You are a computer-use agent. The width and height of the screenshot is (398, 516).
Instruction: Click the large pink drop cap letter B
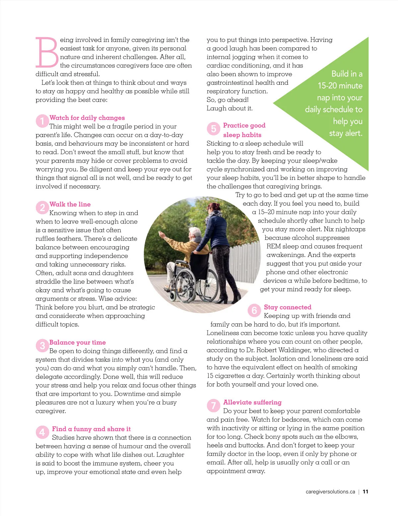coord(47,52)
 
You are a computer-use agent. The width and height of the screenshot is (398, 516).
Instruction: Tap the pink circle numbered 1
coord(42,121)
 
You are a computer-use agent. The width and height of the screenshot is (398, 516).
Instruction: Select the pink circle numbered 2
coord(42,208)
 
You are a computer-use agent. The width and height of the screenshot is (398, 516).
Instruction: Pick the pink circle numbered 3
coord(42,346)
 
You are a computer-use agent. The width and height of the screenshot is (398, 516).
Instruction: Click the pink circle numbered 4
coord(42,432)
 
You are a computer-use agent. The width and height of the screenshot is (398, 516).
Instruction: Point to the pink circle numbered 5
coord(213,129)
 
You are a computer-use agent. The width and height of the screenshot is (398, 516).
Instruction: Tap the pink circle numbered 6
coord(254,310)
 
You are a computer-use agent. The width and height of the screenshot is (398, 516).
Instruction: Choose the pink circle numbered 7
coord(213,405)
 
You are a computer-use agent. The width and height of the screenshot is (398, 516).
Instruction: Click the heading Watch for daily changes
coord(87,118)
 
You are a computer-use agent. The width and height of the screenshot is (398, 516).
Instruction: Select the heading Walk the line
coord(70,204)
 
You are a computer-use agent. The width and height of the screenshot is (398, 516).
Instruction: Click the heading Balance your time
coord(78,342)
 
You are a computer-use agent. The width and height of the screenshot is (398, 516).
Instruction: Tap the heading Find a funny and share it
coord(91,429)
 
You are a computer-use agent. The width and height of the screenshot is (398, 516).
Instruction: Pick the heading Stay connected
coord(288,307)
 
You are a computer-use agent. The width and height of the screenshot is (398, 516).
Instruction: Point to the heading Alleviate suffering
coord(252,402)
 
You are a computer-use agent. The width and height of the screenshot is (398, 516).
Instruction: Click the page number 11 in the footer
coord(365,491)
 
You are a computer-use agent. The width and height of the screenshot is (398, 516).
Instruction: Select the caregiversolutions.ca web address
coord(330,491)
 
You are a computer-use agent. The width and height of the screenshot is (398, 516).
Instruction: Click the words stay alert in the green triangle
coord(346,133)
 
